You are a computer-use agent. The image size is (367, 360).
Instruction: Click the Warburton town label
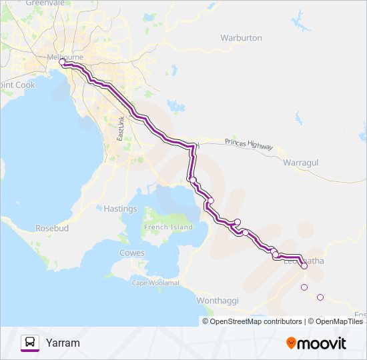tap(241, 38)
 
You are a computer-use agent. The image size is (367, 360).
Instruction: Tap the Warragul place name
tap(302, 162)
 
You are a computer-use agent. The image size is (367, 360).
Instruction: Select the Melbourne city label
tap(65, 57)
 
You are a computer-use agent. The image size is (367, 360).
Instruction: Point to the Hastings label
tap(120, 209)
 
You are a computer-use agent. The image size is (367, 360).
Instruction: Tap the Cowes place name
tap(131, 253)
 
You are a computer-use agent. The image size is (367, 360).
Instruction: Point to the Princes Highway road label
tap(248, 143)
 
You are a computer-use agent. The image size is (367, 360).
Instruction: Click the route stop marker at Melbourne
tap(62, 62)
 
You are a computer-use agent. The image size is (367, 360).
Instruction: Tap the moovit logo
tap(316, 343)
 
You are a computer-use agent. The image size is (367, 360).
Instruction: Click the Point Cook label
tap(17, 85)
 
